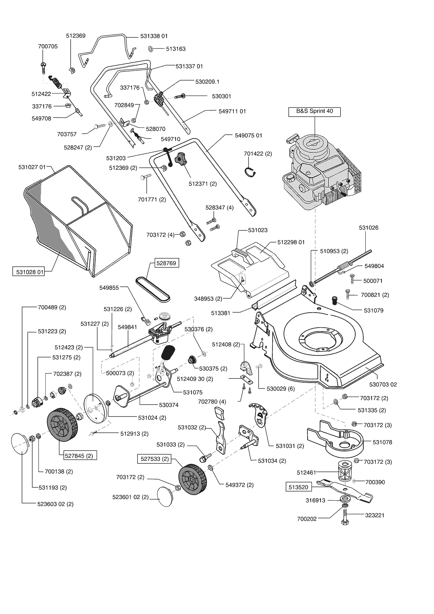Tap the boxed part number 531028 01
(x=29, y=272)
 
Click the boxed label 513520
(x=299, y=487)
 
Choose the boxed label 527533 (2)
(x=155, y=459)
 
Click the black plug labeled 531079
(x=335, y=300)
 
